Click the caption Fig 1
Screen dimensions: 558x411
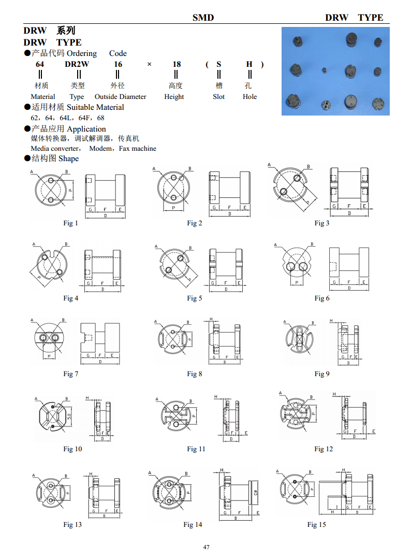[x=71, y=223]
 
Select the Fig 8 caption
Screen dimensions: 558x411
[x=195, y=374]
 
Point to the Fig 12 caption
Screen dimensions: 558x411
[x=324, y=449]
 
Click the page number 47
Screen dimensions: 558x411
[x=206, y=547]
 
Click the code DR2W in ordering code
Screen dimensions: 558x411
[x=77, y=64]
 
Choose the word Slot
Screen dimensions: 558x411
[x=218, y=97]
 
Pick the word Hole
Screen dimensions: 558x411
[x=249, y=97]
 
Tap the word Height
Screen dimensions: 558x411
[x=174, y=97]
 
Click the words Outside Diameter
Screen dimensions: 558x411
[x=120, y=97]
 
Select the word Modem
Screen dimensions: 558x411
[x=100, y=149]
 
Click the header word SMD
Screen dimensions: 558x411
[x=203, y=17]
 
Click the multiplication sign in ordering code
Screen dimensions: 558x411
[x=149, y=64]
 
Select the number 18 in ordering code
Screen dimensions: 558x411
[x=177, y=64]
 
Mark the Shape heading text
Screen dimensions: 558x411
[x=69, y=159]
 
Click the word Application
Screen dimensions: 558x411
[x=86, y=129]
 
